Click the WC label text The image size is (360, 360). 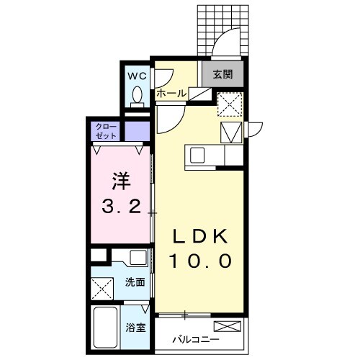137,75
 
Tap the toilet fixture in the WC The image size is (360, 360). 137,95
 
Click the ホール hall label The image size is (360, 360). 171,94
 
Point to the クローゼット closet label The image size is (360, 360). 104,132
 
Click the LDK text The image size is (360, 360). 199,238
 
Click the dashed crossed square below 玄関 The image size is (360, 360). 230,104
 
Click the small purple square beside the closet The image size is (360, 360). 138,132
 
